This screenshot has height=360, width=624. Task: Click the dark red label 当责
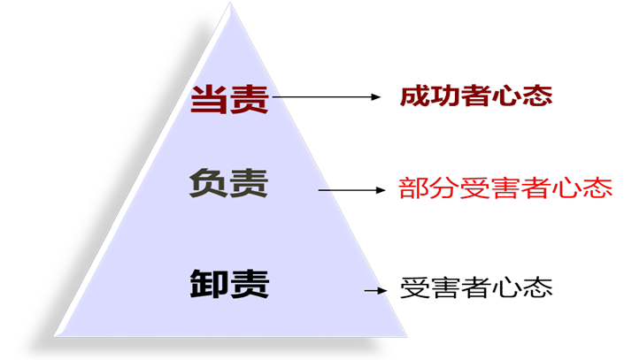[229, 99]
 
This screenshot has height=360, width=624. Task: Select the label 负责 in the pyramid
[229, 183]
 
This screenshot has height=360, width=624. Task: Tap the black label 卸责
[229, 284]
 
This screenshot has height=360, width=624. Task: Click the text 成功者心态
[476, 96]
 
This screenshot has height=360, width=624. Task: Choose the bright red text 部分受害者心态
[505, 188]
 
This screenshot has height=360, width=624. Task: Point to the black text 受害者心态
[476, 287]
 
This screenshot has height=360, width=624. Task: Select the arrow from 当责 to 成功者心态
[327, 96]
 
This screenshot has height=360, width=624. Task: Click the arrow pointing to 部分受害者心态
[351, 190]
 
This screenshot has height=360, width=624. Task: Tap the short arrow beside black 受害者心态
[375, 291]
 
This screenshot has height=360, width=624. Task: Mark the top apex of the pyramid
[230, 3]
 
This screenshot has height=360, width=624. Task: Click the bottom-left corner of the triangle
[54, 336]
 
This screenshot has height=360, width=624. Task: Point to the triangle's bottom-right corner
[407, 337]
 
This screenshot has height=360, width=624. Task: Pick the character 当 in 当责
[210, 99]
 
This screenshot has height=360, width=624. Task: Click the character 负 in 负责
[209, 183]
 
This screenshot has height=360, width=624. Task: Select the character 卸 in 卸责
[209, 284]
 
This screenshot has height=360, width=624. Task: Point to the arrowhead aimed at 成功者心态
[376, 96]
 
